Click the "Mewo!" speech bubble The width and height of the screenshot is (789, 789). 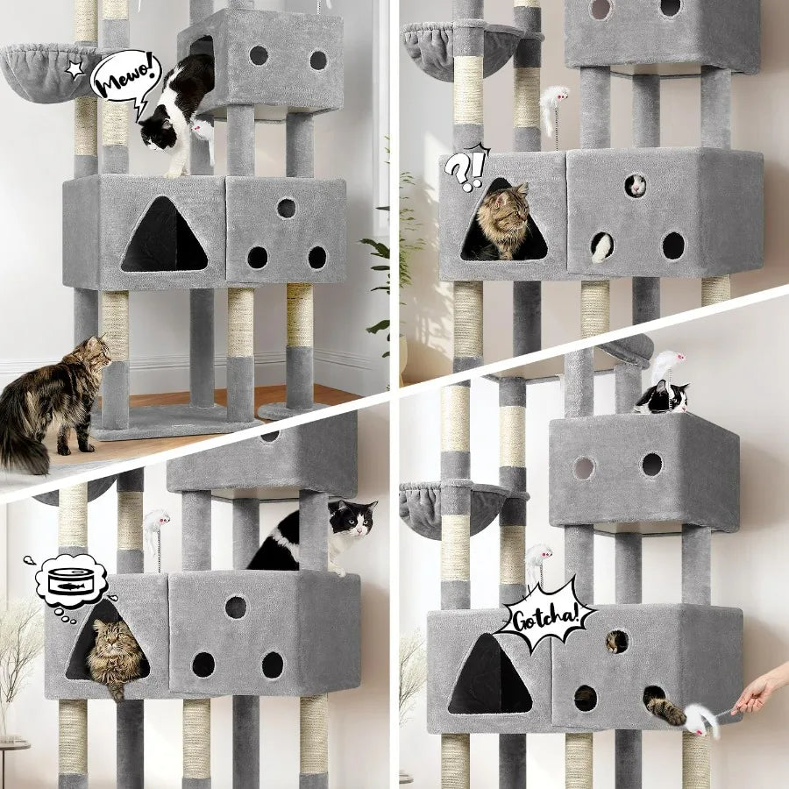pyautogui.click(x=124, y=77)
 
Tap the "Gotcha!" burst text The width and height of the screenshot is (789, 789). pyautogui.click(x=544, y=616)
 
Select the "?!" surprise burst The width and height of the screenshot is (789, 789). pyautogui.click(x=466, y=169)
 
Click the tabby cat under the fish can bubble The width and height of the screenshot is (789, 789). pyautogui.click(x=114, y=653)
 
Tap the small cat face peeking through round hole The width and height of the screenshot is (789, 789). pyautogui.click(x=636, y=185)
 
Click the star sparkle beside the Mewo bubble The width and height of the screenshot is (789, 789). pyautogui.click(x=75, y=68)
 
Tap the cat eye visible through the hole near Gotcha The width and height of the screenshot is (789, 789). pyautogui.click(x=617, y=642)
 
